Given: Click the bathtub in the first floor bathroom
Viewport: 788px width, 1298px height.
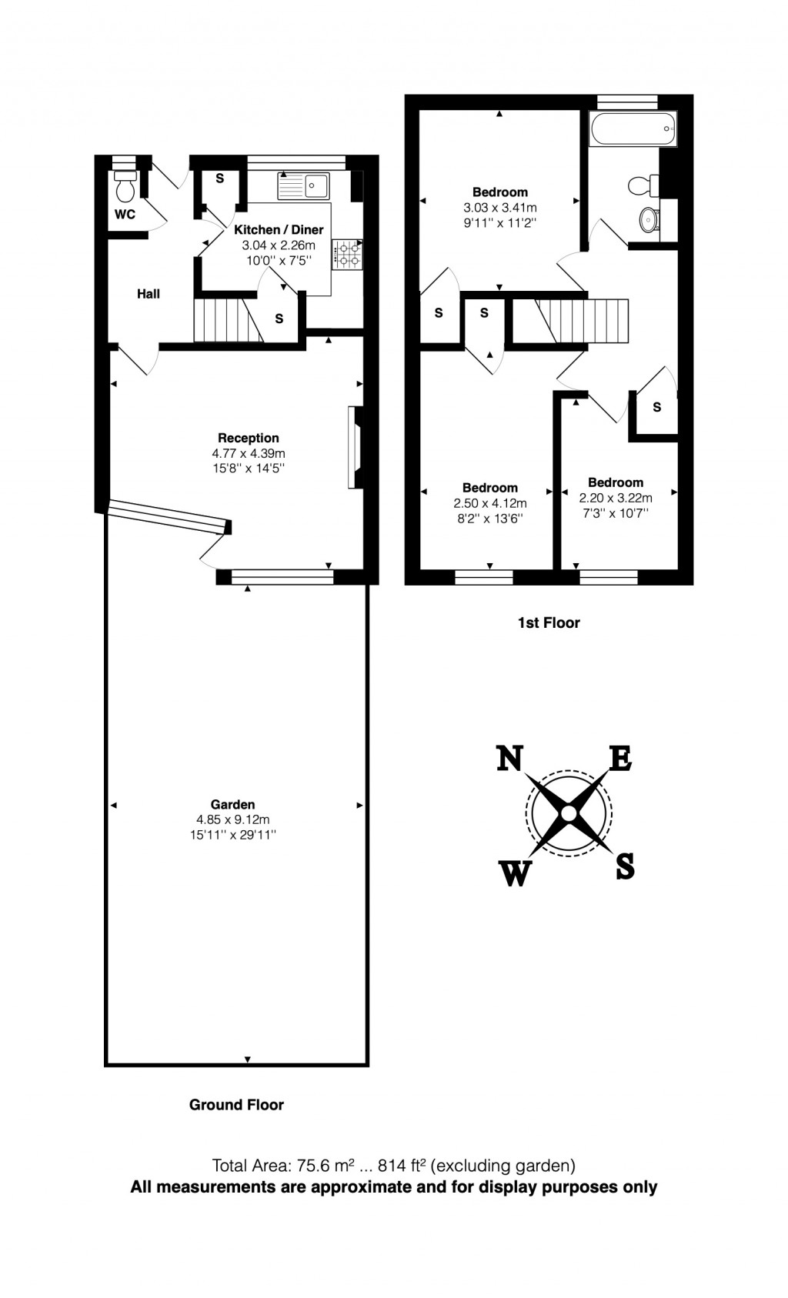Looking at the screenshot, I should point(633,128).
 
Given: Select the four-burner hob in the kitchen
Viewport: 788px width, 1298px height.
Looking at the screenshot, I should point(347,254).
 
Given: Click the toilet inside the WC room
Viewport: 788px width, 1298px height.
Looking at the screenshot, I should point(125,186).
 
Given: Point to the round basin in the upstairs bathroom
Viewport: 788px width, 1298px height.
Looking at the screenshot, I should point(649,219).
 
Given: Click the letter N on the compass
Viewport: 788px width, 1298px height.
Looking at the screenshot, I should point(509,759).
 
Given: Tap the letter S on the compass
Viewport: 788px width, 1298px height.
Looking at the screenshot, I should point(625,867).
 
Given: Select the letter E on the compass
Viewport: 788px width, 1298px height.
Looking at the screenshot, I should point(620,759).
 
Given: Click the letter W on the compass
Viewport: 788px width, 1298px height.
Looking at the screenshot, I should point(516,873).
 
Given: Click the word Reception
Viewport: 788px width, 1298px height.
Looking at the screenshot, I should point(248,438).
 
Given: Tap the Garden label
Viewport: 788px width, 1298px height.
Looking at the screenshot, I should point(232,805).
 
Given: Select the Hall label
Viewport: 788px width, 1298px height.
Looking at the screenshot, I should point(149,294).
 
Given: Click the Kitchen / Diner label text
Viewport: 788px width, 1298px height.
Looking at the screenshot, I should point(279,229).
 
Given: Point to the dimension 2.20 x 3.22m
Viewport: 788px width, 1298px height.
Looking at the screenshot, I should point(616,498).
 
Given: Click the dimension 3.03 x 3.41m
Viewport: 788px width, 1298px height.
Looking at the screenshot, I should point(500,208).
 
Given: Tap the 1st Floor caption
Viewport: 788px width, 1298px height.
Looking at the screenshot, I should point(548,622).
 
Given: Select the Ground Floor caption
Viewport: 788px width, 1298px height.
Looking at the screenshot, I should point(236,1105).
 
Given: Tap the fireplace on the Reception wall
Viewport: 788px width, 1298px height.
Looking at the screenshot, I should point(356,447).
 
